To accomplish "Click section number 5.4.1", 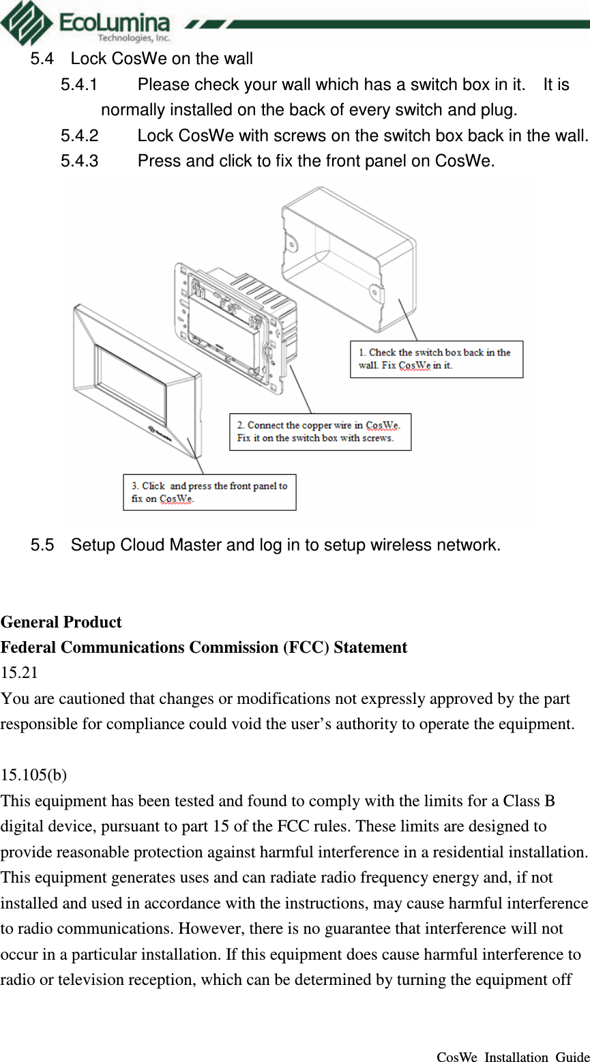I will pyautogui.click(x=79, y=85).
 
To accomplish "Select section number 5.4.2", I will pyautogui.click(x=79, y=136).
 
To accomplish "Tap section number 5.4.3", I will pyautogui.click(x=79, y=162).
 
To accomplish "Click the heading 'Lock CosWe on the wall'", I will pyautogui.click(x=162, y=59).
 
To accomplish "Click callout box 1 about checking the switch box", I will pyautogui.click(x=436, y=359).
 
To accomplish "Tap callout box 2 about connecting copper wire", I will pyautogui.click(x=320, y=432).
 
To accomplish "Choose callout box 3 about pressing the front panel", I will pyautogui.click(x=209, y=492).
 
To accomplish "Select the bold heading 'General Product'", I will pyautogui.click(x=61, y=622).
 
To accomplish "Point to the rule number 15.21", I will pyautogui.click(x=19, y=673).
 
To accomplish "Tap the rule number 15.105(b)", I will pyautogui.click(x=33, y=776).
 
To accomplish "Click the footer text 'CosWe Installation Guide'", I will pyautogui.click(x=512, y=1057).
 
